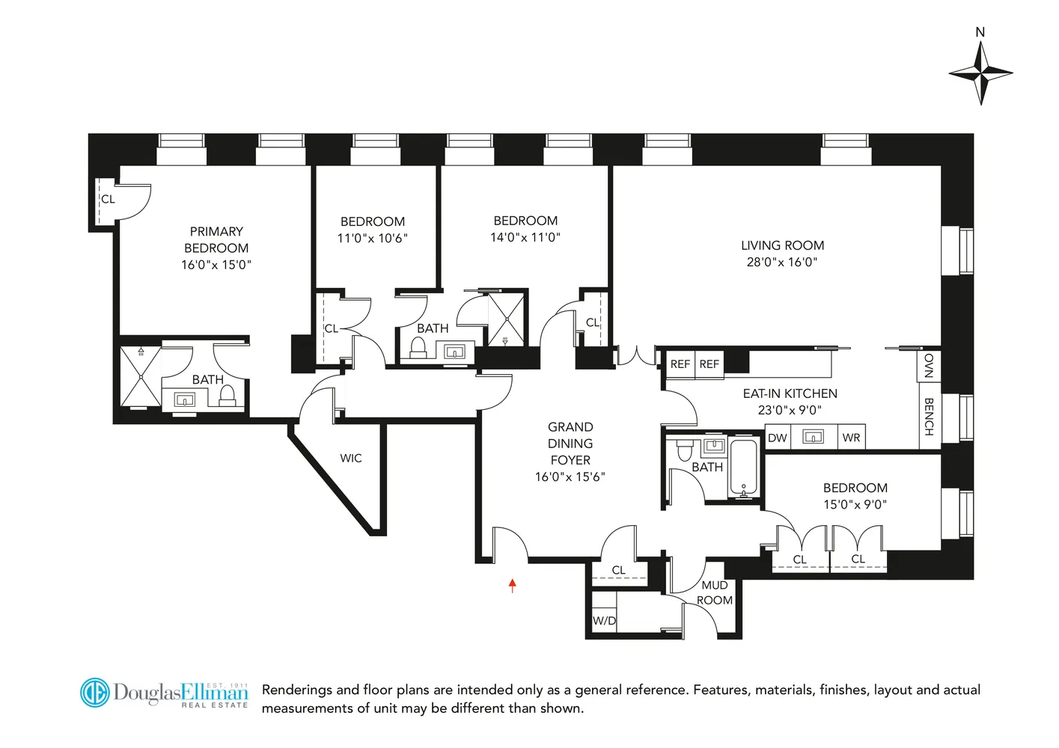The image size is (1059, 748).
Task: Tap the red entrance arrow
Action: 513,585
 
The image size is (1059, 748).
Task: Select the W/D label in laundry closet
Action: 604,621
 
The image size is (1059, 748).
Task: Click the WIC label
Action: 351,459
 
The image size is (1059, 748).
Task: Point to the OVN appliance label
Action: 929,366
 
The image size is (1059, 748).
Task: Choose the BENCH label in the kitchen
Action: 929,417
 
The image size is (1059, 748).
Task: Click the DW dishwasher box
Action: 778,438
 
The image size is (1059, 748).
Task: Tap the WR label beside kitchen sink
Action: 851,438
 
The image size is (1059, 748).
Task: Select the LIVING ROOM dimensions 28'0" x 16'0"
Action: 782,262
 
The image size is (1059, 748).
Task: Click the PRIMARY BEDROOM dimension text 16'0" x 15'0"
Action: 216,265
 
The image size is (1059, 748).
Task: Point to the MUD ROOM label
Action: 715,592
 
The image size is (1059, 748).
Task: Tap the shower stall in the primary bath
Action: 141,377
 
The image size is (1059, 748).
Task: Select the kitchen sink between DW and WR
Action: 814,437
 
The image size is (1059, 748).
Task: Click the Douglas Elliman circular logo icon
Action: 95,693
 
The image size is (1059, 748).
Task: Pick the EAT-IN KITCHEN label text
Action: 790,393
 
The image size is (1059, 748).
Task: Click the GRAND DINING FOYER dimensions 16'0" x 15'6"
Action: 570,476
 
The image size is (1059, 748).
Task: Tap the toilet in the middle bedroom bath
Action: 418,348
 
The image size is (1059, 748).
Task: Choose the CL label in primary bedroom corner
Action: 109,199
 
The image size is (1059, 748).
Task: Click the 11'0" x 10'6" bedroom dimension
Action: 373,239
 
